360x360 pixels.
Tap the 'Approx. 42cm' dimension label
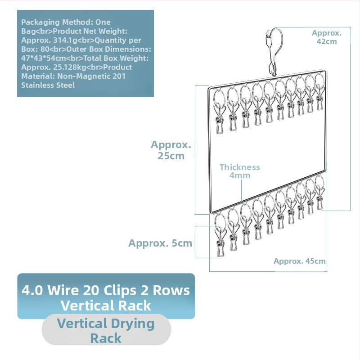pos(327,37)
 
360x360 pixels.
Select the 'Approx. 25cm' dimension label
pos(171,150)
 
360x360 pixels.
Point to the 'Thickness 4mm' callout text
pos(240,171)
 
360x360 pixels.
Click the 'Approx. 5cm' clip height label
pos(160,243)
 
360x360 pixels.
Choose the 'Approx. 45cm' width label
pos(300,261)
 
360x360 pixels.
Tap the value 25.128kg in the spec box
pos(70,67)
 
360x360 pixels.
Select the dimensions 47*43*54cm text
pos(44,58)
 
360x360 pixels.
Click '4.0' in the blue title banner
pos(32,290)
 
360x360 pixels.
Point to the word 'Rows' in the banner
pos(171,290)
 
